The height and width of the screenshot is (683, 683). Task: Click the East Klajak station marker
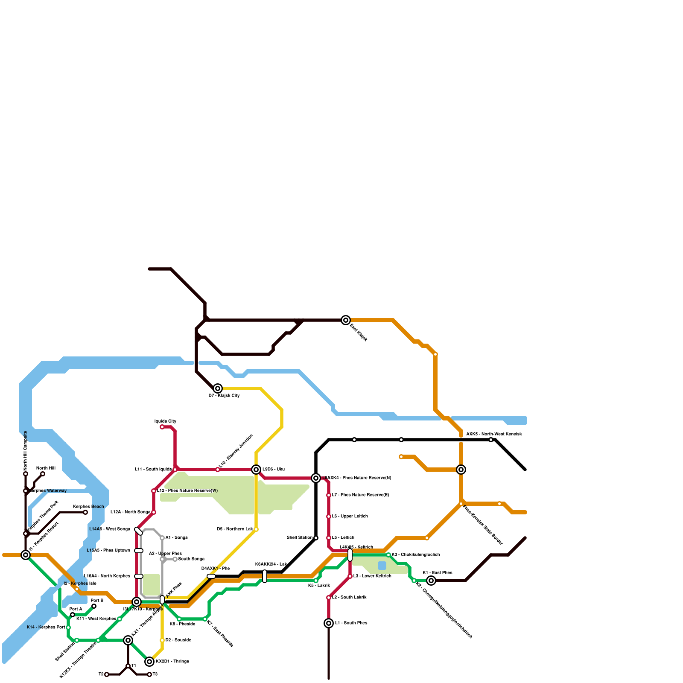point(346,320)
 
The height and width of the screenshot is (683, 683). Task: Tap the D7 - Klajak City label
point(224,396)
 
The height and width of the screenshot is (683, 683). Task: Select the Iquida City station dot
point(162,427)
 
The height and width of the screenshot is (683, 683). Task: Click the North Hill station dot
point(43,474)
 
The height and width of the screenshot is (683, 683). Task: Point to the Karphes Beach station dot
point(85,512)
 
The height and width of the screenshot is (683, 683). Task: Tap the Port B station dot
point(94,606)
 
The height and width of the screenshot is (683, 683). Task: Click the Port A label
point(76,609)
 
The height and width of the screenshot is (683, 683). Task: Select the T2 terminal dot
point(107,674)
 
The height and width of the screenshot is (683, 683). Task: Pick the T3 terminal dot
point(149,674)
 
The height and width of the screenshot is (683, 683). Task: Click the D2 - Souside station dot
point(162,640)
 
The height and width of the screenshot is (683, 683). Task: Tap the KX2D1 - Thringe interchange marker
point(149,662)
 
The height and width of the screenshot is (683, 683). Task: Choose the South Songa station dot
point(175,559)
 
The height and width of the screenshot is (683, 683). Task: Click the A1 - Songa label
point(176,538)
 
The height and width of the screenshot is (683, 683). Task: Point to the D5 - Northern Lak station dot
point(256,529)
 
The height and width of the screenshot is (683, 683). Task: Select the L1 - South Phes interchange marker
point(329,623)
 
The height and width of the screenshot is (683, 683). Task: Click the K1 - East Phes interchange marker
point(431,581)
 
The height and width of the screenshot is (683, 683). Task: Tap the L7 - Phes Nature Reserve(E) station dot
point(329,495)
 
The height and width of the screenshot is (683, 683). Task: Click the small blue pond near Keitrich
point(382,566)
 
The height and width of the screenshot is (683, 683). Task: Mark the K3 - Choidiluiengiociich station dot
point(388,555)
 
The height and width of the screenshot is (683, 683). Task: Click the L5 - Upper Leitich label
point(350,517)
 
